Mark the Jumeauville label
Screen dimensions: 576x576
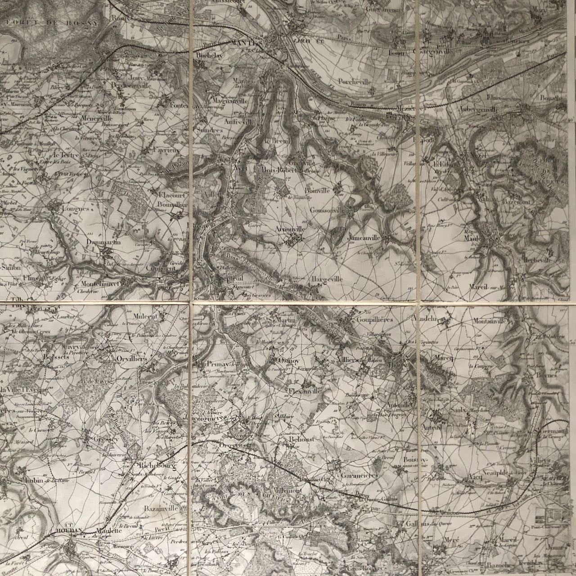[364, 237]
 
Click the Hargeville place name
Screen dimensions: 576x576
[327, 279]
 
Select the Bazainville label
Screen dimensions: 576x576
[161, 508]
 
